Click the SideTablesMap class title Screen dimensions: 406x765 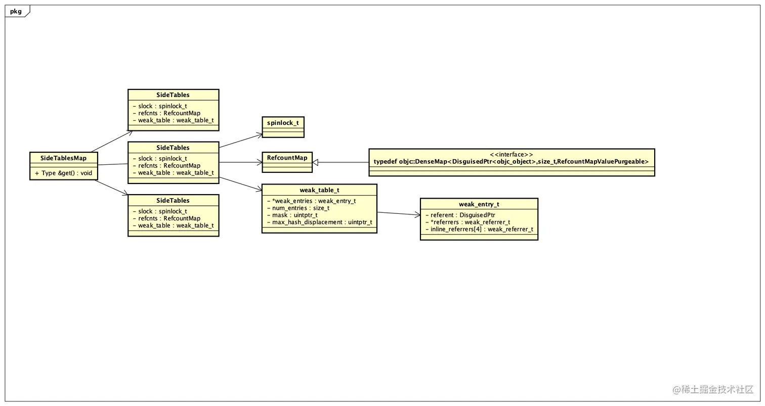pos(63,158)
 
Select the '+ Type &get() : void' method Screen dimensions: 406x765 pos(63,173)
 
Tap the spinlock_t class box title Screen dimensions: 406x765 pos(283,123)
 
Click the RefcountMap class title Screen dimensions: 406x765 pos(287,158)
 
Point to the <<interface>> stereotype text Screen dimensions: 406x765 pos(512,155)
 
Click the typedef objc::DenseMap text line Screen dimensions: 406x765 pos(511,162)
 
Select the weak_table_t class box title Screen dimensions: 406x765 pos(319,190)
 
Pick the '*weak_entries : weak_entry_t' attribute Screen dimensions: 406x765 pos(312,201)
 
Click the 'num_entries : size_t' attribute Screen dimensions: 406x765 pos(299,208)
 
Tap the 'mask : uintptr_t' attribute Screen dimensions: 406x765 pos(292,215)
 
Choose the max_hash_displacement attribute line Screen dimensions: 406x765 pos(320,222)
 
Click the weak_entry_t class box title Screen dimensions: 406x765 pos(479,204)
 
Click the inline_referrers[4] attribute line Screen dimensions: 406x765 pos(479,229)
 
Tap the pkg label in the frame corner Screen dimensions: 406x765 pos(16,11)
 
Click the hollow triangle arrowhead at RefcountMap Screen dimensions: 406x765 pos(316,162)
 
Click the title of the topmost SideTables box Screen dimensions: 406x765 pos(173,95)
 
